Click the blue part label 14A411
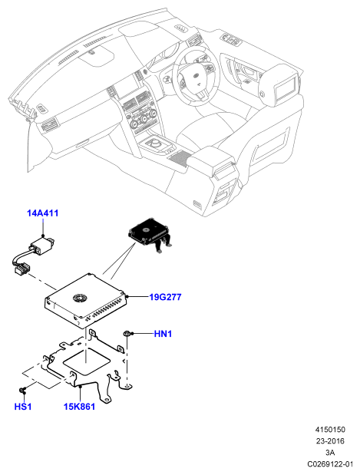point(42,213)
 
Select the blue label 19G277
point(165,297)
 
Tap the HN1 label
point(163,334)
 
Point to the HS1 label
point(23,407)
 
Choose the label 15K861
point(79,407)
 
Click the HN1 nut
point(127,334)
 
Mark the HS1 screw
point(22,389)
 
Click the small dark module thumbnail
point(149,234)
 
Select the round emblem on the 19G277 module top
point(80,298)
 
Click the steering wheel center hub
point(196,78)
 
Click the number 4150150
point(330,430)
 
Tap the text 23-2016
point(330,441)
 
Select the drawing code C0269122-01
point(330,464)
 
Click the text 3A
point(330,453)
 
